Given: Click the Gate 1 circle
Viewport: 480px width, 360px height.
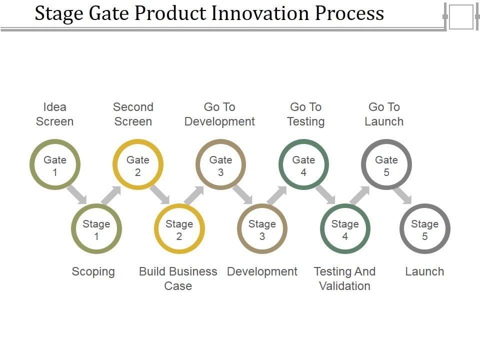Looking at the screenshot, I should pos(55,164).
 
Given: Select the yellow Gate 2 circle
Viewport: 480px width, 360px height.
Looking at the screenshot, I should pos(137,164).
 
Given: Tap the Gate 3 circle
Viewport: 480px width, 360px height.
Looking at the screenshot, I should pos(220,164).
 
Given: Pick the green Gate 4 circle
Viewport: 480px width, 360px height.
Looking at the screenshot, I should pos(303,164).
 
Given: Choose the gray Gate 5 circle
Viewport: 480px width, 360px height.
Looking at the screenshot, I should pos(386,164).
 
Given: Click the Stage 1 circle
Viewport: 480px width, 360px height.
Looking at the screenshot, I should pos(96,229).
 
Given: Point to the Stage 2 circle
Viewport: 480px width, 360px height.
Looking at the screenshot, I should pos(179,229).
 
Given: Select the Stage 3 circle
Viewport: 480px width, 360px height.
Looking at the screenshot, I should pos(262,229).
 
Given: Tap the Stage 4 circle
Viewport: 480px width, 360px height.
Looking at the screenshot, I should pos(345,229).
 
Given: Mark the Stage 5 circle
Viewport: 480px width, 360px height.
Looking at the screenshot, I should pos(425,229).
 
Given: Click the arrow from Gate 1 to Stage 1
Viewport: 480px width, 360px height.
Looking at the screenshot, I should pos(77,194).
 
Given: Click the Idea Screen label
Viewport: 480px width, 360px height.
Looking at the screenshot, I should pos(55,114).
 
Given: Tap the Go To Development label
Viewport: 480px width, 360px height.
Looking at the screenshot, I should pos(219,114).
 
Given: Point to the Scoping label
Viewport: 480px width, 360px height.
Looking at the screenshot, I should pos(93,271).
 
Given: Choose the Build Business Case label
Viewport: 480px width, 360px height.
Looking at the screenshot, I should pos(178,278).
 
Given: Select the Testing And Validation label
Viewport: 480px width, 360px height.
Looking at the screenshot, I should pos(344,278).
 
